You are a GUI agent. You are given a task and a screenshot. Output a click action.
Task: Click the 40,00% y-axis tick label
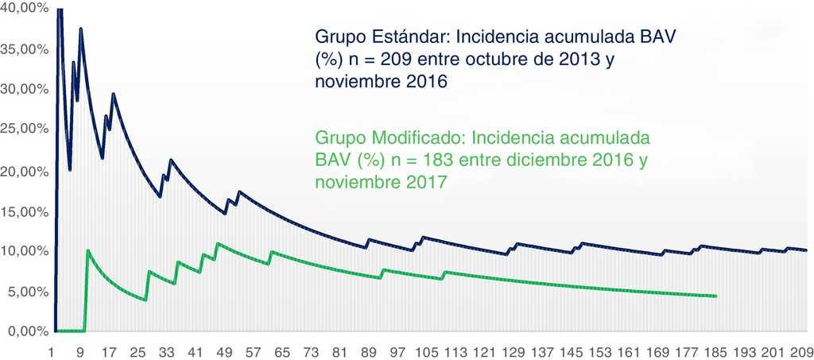[25, 7]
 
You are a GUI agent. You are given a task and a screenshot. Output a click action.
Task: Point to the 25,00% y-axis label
[25, 128]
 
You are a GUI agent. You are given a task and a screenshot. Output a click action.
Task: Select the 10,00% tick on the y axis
[25, 250]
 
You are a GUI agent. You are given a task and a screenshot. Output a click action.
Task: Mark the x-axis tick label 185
[712, 351]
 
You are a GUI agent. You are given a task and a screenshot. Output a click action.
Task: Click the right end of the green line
[716, 296]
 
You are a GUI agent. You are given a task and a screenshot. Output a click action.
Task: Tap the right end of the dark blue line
[806, 250]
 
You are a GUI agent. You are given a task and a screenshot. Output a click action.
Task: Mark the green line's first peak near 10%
[87, 250]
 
